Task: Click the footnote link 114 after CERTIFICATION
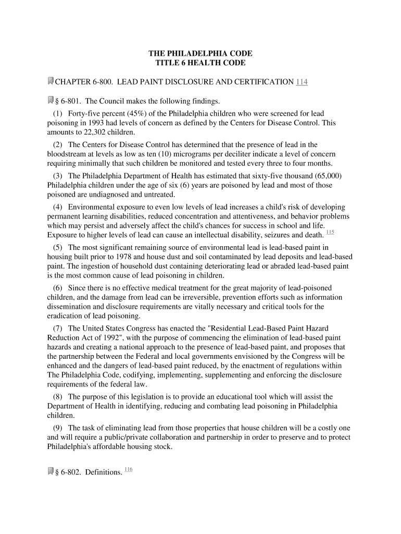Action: [302, 81]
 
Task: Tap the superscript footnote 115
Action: [330, 232]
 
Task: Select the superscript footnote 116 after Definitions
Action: [129, 469]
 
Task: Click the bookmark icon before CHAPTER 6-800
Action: [51, 81]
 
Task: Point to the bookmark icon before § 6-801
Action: [51, 100]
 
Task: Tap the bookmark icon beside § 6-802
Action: [51, 471]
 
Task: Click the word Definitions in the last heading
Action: [104, 472]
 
